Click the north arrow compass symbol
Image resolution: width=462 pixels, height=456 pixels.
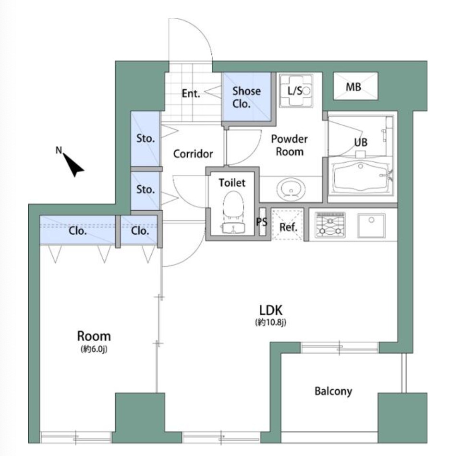pos(73,165)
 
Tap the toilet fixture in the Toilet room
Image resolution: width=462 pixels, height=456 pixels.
pos(233,212)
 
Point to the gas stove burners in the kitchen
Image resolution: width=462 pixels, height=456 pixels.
pos(330,225)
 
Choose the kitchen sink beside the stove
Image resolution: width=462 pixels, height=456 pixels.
pos(371,226)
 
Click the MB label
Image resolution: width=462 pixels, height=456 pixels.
pos(353,87)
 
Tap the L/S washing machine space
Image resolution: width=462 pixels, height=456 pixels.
pos(296,90)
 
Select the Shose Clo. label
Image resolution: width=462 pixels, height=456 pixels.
pos(246,97)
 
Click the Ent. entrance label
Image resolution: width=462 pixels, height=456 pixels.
pos(191,94)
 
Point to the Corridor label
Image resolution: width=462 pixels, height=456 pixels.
pos(193,154)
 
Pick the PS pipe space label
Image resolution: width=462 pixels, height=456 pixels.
pos(262,221)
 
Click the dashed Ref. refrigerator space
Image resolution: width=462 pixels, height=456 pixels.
pos(288,224)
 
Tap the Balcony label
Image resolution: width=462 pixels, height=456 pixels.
pos(333,391)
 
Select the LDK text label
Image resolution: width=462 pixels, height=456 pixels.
pos(271,310)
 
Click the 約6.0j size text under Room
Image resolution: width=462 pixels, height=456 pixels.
pos(94,349)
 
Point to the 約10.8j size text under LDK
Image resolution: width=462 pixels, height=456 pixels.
pos(270,323)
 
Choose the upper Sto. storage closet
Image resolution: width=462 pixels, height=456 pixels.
pos(145,138)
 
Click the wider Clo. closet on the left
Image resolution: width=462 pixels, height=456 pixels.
pos(77,230)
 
